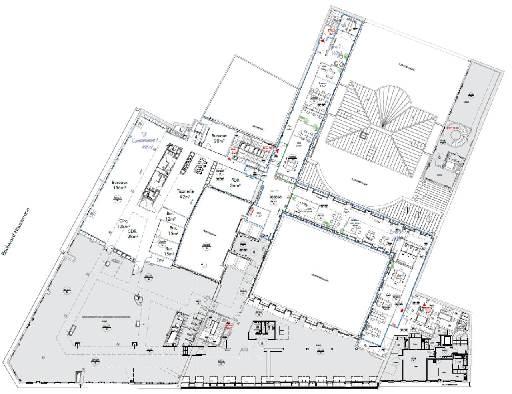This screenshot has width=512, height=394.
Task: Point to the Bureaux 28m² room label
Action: [219, 139]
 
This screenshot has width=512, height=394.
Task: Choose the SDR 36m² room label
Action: [235, 183]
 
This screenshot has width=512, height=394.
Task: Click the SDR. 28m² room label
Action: [133, 234]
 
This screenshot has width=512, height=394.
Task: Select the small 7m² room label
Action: [160, 260]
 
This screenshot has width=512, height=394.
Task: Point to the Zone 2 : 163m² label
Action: [336, 50]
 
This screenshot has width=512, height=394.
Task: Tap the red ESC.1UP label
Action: [452, 128]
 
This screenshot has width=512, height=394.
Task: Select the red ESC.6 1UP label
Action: [331, 32]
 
